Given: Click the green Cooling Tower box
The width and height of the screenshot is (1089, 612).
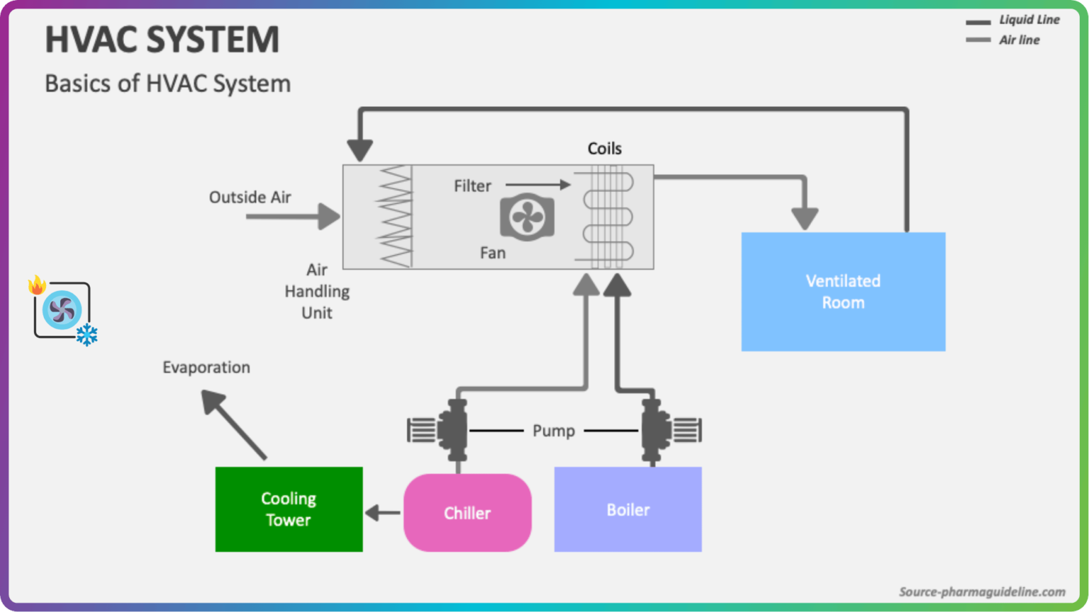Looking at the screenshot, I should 289,509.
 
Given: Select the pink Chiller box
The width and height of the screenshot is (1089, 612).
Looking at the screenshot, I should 467,513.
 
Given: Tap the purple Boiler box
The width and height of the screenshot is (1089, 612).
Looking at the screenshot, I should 627,509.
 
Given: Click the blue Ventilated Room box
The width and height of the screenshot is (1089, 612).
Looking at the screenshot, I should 843,292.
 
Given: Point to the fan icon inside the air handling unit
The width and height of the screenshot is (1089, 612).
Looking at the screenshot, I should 527,217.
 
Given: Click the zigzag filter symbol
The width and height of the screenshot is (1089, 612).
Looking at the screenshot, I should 394,217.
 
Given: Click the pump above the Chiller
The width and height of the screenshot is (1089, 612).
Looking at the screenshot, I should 447,430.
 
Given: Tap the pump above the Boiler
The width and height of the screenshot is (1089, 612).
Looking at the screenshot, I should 662,430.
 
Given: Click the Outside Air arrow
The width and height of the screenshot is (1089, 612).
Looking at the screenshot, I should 292,216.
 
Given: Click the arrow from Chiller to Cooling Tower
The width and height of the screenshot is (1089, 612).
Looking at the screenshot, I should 383,513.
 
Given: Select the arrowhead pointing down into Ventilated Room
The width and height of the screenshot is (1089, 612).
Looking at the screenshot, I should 805,219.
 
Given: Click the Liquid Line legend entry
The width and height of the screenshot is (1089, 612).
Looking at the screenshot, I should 1014,21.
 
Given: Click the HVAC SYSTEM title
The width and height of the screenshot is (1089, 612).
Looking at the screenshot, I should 162,40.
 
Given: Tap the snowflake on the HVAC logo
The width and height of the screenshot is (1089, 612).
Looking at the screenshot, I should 87,334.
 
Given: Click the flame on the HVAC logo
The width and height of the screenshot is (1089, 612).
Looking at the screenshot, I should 37,285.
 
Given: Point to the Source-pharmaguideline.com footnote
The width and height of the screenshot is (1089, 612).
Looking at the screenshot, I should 982,591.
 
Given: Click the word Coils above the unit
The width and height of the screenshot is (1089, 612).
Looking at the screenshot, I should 604,149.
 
